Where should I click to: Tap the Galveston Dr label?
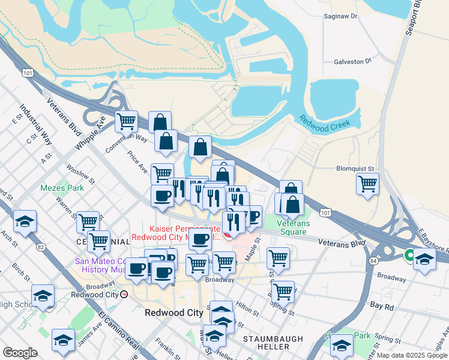click(x=353, y=61)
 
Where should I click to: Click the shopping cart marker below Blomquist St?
click(x=367, y=184)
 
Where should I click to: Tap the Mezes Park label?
click(x=62, y=188)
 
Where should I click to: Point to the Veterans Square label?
click(x=292, y=227)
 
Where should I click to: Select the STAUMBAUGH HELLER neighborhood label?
click(x=273, y=344)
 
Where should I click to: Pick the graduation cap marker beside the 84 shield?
click(x=424, y=260)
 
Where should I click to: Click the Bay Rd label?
click(x=381, y=305)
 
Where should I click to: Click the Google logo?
click(x=20, y=353)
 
